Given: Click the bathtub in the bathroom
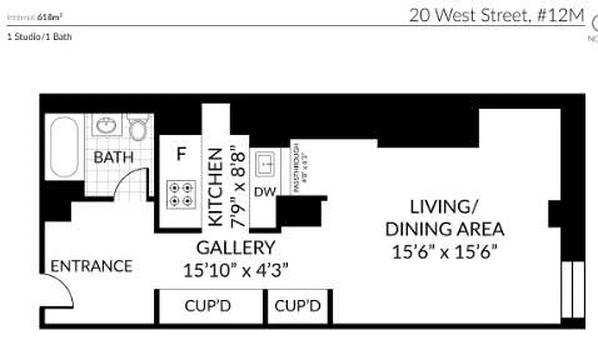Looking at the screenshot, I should (x=64, y=147).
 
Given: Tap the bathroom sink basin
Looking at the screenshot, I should (x=107, y=125).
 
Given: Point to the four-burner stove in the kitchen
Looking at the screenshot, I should (x=181, y=194).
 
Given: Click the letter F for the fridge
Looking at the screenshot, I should (x=181, y=154).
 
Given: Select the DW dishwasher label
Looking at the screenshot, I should (x=265, y=192).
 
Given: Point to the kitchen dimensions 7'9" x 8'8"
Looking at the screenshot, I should (x=238, y=189).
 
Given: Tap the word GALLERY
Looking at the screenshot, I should (x=236, y=248).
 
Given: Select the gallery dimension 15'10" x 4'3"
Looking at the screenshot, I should (x=236, y=271).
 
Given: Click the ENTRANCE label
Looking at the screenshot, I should (x=91, y=266).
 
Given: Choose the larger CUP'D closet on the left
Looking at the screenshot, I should (x=208, y=306).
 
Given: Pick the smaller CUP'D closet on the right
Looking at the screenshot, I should (x=298, y=306).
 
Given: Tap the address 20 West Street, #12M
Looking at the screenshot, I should (x=496, y=16).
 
